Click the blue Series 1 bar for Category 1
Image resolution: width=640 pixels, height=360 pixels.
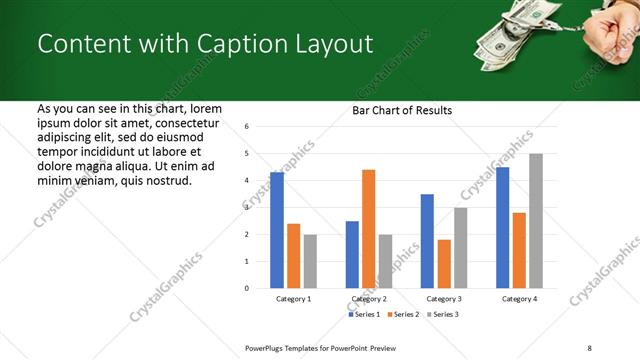(x=277, y=230)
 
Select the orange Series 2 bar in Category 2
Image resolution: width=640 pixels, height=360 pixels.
(x=369, y=229)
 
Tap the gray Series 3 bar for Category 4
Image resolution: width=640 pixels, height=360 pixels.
(x=536, y=221)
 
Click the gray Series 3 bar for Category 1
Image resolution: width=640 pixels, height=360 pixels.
(x=310, y=261)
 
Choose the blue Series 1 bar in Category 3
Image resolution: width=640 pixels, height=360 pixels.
(x=427, y=241)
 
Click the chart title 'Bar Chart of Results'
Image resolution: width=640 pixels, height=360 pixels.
(x=402, y=110)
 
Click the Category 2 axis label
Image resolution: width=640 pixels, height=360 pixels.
(x=369, y=299)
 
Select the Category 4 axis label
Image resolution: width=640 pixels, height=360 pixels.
(x=519, y=299)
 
